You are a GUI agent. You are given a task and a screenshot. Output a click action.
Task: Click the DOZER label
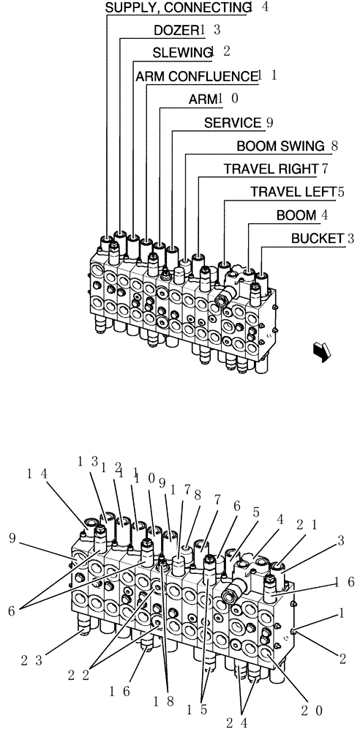click(x=176, y=30)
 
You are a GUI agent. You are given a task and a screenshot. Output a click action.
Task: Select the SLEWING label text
click(x=181, y=53)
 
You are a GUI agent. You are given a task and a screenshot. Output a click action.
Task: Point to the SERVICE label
click(x=232, y=123)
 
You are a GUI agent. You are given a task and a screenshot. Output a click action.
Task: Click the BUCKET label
click(x=318, y=238)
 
